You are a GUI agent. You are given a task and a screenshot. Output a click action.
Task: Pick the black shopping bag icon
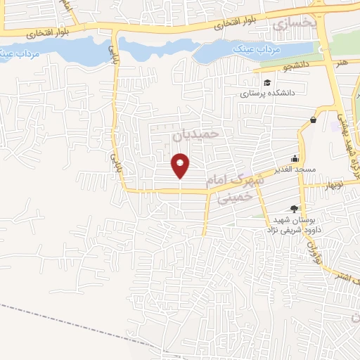tap(313, 120)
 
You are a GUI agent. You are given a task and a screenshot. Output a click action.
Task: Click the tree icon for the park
tap(294, 208)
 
